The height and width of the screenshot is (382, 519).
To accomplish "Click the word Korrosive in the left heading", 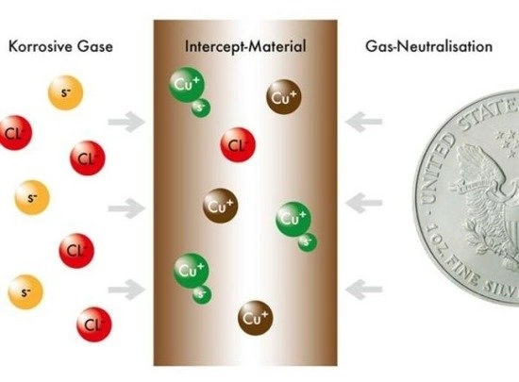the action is coord(40,46).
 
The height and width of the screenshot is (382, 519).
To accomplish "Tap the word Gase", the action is coord(95,46).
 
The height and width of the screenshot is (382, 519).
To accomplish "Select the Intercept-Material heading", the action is coord(245,46).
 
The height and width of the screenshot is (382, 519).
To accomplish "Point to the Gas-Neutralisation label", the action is coord(429,46).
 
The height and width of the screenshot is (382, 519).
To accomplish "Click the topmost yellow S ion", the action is coord(65,92).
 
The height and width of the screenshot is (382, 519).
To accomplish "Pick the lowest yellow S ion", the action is coord(25,292).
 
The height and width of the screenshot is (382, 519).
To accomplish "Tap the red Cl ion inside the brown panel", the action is coord(238,145).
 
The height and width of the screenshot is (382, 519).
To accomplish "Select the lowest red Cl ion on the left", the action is coord(94,324).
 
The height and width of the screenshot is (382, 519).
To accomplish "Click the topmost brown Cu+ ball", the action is coord(284,97).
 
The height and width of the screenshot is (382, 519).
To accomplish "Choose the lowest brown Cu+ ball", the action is coord(256,318).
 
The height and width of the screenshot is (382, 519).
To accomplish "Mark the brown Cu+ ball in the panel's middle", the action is coord(221,206).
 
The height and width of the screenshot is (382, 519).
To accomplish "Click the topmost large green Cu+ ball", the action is coord(187,85).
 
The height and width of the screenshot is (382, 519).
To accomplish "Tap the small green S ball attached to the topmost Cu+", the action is coord(201,108).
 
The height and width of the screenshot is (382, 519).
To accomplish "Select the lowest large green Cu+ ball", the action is coord(192,271).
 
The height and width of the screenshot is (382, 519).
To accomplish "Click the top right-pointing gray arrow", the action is coord(127,122).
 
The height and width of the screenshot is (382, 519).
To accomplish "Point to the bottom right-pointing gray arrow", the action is coord(127,291).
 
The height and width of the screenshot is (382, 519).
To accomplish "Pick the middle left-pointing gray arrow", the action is coord(363,203).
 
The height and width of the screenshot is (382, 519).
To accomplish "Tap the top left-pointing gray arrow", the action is coord(363,122).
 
